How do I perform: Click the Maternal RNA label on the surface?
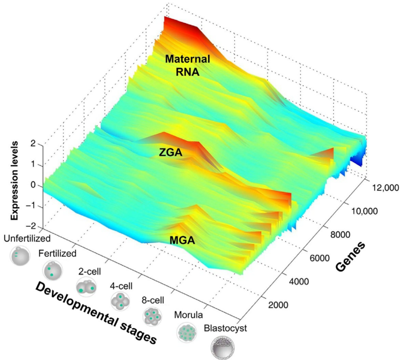tap(188, 65)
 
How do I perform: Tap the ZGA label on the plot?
tap(171, 152)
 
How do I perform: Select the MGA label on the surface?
tap(182, 240)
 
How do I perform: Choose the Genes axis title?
tap(350, 257)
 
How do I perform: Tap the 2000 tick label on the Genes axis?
tap(278, 305)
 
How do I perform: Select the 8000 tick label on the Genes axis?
tap(340, 234)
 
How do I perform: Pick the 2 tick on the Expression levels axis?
tap(33, 144)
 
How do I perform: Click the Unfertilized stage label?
tap(27, 238)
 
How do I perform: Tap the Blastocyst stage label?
tap(226, 328)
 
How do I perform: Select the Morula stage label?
tap(188, 315)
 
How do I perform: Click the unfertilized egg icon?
tap(20, 255)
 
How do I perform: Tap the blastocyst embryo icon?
tap(223, 348)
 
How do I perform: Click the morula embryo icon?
tap(187, 332)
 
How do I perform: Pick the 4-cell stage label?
tap(121, 286)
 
